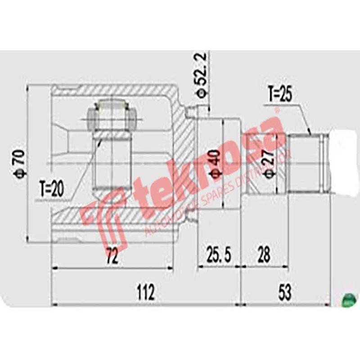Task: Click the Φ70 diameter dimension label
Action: coord(19,165)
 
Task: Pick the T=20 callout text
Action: coord(51,189)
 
